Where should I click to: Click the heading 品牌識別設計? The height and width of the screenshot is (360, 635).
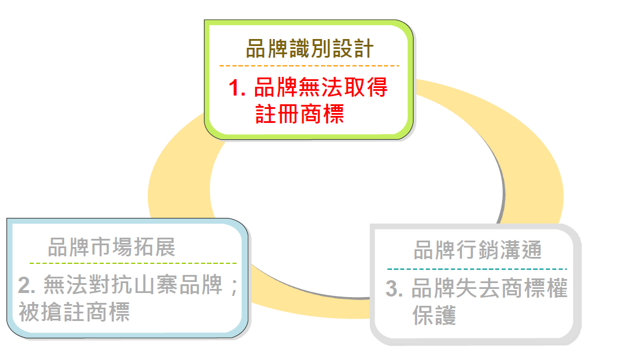309,48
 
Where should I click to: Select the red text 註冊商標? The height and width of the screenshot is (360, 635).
299,114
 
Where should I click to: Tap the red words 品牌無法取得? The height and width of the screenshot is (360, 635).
320,87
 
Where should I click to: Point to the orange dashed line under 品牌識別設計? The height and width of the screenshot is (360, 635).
309,66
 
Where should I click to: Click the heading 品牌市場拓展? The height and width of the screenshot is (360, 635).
111,247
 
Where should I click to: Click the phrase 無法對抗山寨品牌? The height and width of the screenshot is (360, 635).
133,285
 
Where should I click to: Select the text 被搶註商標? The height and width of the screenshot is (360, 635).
74,312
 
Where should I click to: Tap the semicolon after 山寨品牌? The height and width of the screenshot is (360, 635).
234,287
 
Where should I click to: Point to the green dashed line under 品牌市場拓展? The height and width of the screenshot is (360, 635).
133,263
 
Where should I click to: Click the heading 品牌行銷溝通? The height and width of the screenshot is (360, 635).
478,250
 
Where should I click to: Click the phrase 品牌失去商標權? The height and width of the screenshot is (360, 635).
489,288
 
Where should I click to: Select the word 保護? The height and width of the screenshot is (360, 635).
434,316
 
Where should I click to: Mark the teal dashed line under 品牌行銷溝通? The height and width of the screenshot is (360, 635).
477,269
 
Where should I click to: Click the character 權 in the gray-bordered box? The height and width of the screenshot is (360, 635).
557,288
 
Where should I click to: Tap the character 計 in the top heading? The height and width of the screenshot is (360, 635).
363,48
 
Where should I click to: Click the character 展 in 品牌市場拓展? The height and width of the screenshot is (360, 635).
165,247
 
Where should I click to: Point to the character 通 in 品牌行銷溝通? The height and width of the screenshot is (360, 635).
531,250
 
